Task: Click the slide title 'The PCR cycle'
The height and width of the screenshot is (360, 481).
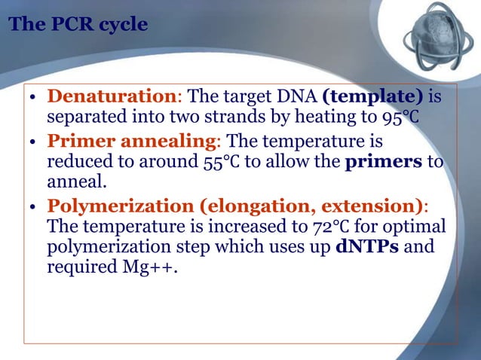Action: pos(78,26)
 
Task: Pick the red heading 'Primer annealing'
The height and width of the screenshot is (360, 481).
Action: pos(132,142)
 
